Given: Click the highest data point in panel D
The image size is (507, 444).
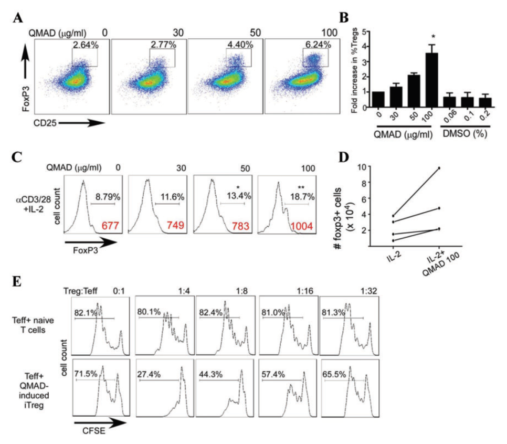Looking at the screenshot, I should (439, 168).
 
